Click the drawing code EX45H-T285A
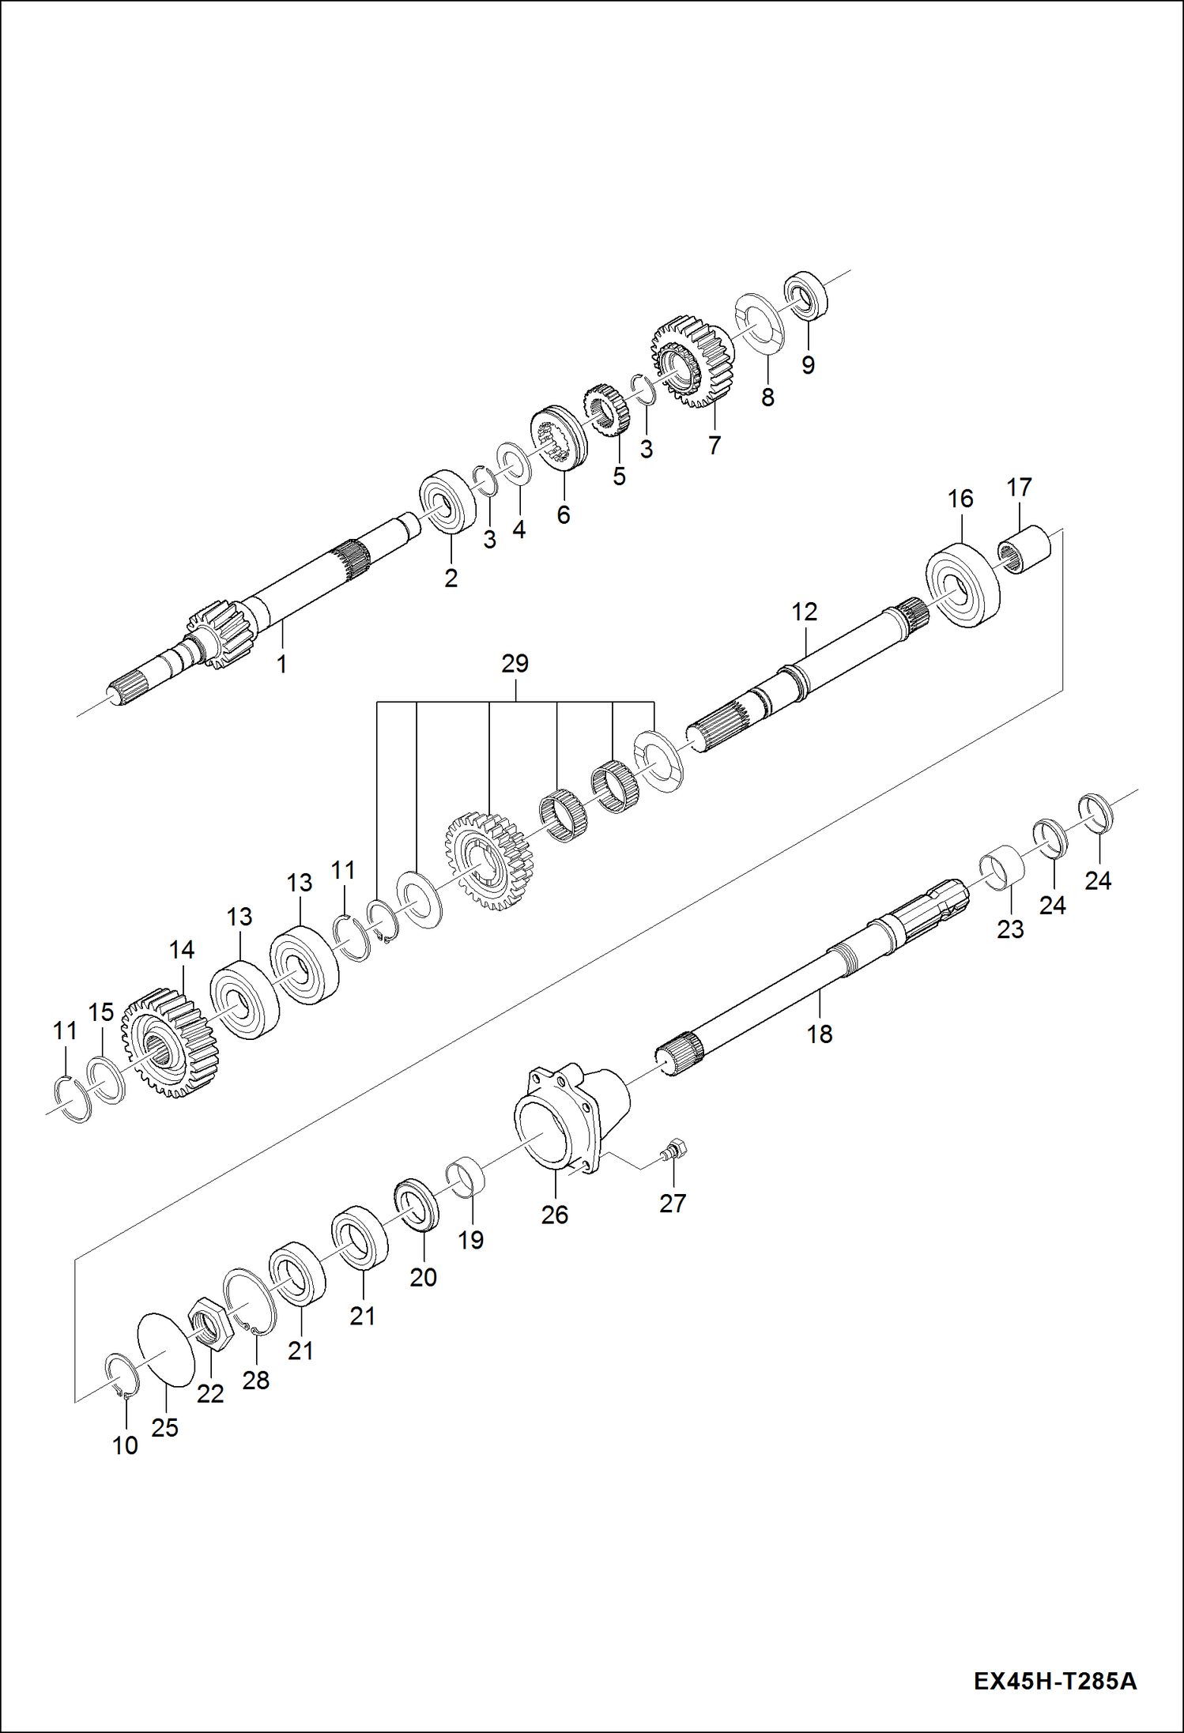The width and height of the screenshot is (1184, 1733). click(1054, 1678)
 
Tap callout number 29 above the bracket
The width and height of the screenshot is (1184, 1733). click(515, 664)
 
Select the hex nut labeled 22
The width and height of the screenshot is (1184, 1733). click(209, 1324)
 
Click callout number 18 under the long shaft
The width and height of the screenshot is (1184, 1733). click(820, 1034)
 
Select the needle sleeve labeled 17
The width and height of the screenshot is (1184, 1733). click(1024, 550)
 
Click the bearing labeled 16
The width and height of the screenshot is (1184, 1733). click(962, 586)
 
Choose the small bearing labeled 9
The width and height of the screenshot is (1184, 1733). click(805, 296)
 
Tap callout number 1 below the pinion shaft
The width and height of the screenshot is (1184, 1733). click(281, 665)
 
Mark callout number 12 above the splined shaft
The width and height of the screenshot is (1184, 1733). click(805, 612)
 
